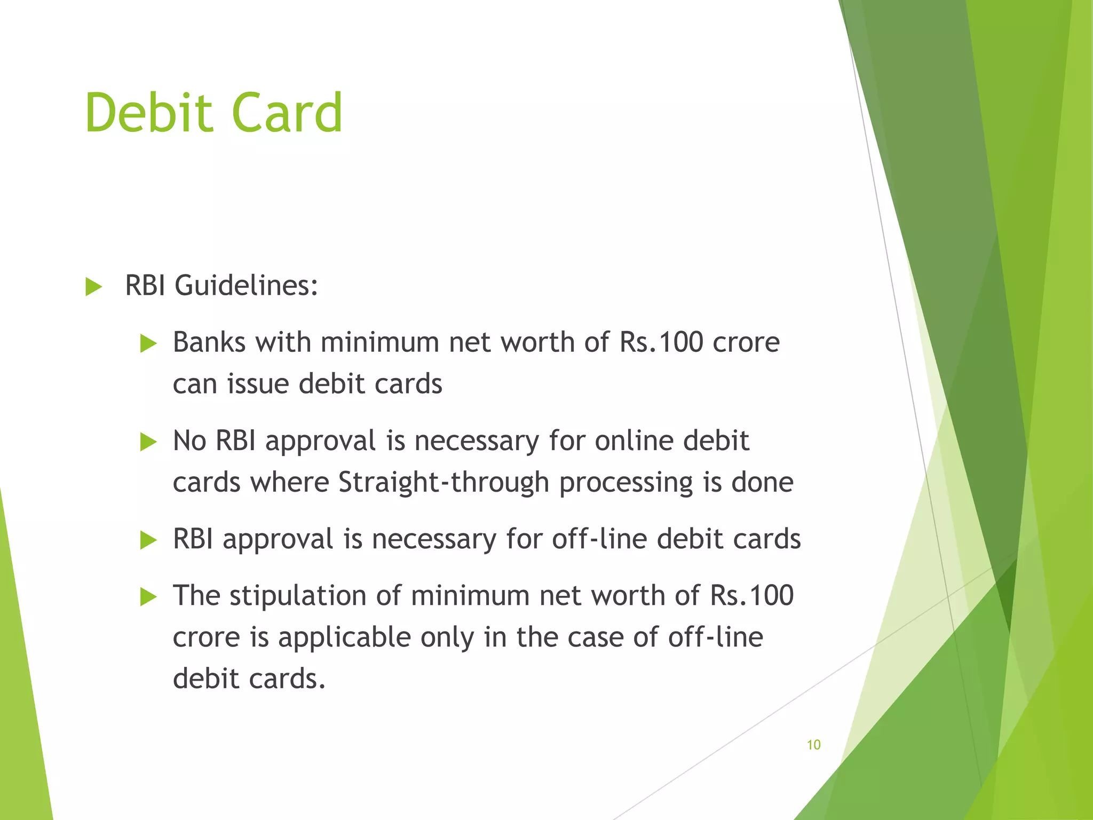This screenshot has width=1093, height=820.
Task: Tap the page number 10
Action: click(813, 745)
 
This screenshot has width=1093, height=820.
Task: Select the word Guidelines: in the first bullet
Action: click(247, 286)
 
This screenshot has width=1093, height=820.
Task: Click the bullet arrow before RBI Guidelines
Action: click(93, 287)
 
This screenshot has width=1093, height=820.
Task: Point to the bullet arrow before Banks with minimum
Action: click(148, 344)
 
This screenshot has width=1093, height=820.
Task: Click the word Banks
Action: click(209, 342)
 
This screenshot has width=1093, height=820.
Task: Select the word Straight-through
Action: click(443, 483)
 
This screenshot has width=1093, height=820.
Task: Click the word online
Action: click(634, 441)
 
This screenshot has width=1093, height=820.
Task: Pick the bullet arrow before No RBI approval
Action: click(148, 442)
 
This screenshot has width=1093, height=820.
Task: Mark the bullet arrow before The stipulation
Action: click(148, 597)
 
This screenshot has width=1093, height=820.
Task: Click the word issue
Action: click(258, 384)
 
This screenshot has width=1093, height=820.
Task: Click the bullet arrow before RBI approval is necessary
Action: click(148, 540)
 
